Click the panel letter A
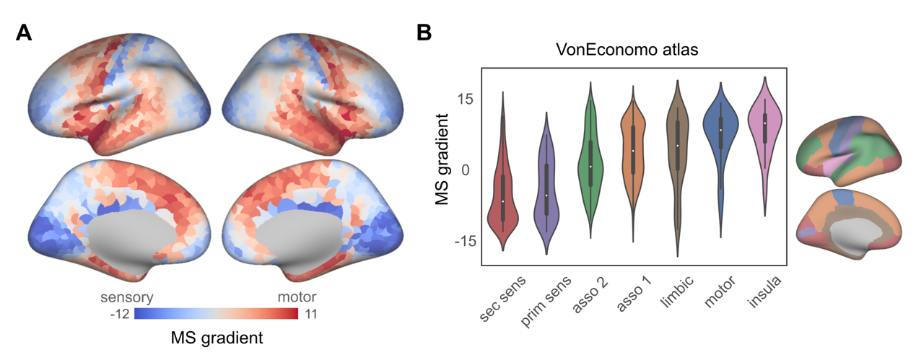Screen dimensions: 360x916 point(24,33)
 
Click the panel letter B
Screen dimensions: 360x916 point(424,33)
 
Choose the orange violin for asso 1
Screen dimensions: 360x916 point(634,152)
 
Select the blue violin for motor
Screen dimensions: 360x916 point(721,130)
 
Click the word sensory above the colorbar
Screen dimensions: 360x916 point(126,297)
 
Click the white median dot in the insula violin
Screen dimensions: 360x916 point(764,123)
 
